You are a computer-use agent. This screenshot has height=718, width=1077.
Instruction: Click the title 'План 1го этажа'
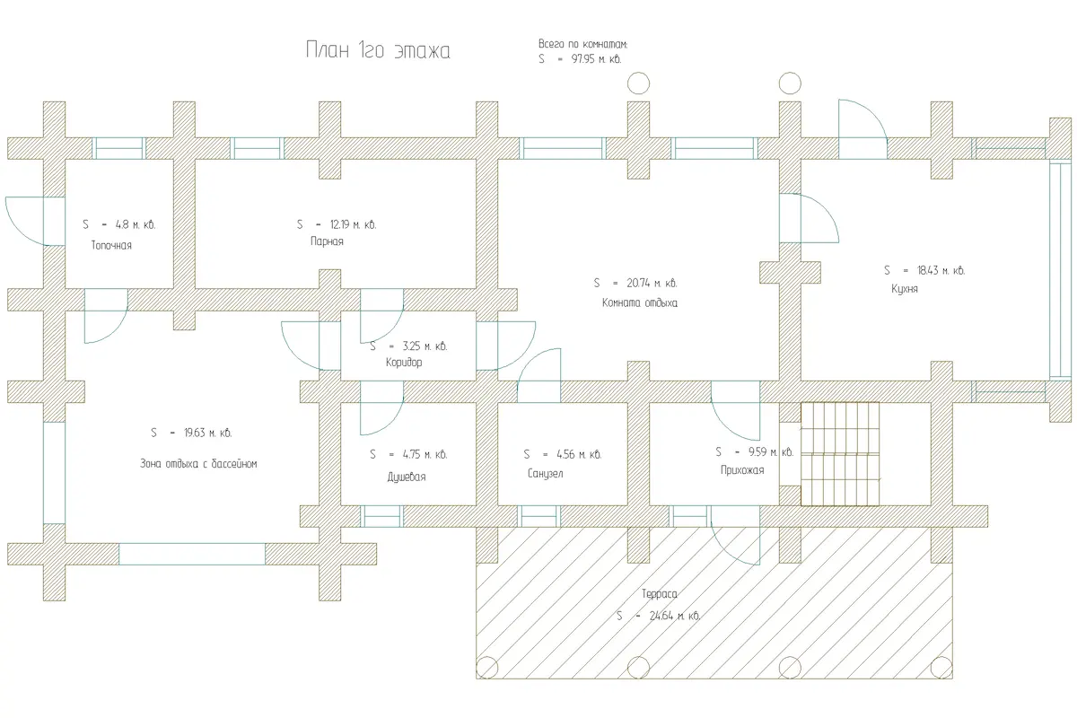pos(378,50)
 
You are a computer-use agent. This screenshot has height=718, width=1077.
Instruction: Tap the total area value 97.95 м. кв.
pos(596,59)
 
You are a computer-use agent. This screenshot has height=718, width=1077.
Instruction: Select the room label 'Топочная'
pos(111,245)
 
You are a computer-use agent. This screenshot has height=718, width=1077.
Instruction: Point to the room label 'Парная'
pos(327,241)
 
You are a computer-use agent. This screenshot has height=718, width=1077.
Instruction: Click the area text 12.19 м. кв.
pos(353,224)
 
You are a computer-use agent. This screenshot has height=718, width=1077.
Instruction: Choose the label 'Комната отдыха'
pos(639,303)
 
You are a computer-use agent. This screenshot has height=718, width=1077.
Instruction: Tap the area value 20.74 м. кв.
pos(652,284)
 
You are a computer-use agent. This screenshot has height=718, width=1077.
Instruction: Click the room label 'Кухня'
pos(905,289)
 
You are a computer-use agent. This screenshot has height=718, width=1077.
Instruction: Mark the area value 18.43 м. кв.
pos(941,270)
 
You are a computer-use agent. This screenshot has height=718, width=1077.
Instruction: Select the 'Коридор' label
pos(404,362)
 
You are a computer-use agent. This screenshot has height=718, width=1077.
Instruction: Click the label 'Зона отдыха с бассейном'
pos(198,464)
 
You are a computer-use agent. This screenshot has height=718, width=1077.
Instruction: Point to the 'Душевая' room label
pos(407,477)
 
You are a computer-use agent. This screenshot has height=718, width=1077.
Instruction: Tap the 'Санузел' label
pos(546,473)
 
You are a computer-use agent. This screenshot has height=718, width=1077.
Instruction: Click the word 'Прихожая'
pos(742,470)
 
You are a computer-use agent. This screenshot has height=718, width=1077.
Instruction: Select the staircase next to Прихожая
pos(840,454)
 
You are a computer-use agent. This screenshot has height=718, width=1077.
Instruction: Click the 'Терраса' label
pos(659,594)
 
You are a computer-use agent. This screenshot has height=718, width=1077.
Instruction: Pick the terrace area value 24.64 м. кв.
pos(675,616)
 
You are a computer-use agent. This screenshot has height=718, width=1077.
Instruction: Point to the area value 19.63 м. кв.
pos(207,433)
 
